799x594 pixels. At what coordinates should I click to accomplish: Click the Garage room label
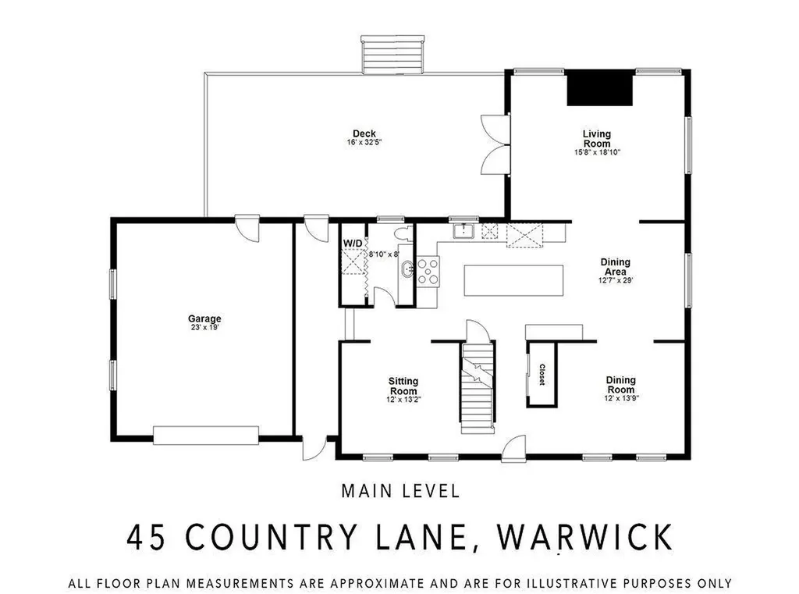pyautogui.click(x=204, y=318)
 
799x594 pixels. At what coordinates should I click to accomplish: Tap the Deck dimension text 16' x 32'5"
pyautogui.click(x=364, y=143)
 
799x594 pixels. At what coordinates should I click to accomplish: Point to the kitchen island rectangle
pyautogui.click(x=513, y=279)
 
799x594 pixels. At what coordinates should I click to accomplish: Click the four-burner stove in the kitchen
pyautogui.click(x=428, y=272)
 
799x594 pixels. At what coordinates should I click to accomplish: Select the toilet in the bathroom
pyautogui.click(x=403, y=233)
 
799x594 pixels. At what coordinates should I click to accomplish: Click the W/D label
pyautogui.click(x=353, y=244)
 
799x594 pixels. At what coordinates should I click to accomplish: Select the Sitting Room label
pyautogui.click(x=403, y=386)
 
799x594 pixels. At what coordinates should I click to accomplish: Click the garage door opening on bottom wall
pyautogui.click(x=206, y=435)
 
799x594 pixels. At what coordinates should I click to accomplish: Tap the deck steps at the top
pyautogui.click(x=392, y=55)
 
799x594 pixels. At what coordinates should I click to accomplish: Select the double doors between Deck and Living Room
pyautogui.click(x=494, y=144)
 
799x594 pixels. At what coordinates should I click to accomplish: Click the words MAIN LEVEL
pyautogui.click(x=400, y=491)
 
